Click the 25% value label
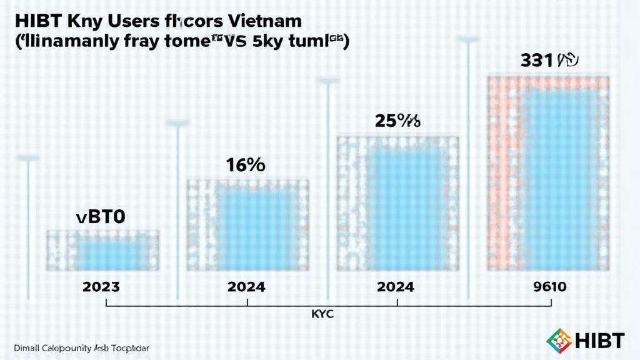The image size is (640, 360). [397, 120]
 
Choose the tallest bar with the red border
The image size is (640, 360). [548, 173]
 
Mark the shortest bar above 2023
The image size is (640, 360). [103, 251]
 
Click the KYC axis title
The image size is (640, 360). [322, 314]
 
